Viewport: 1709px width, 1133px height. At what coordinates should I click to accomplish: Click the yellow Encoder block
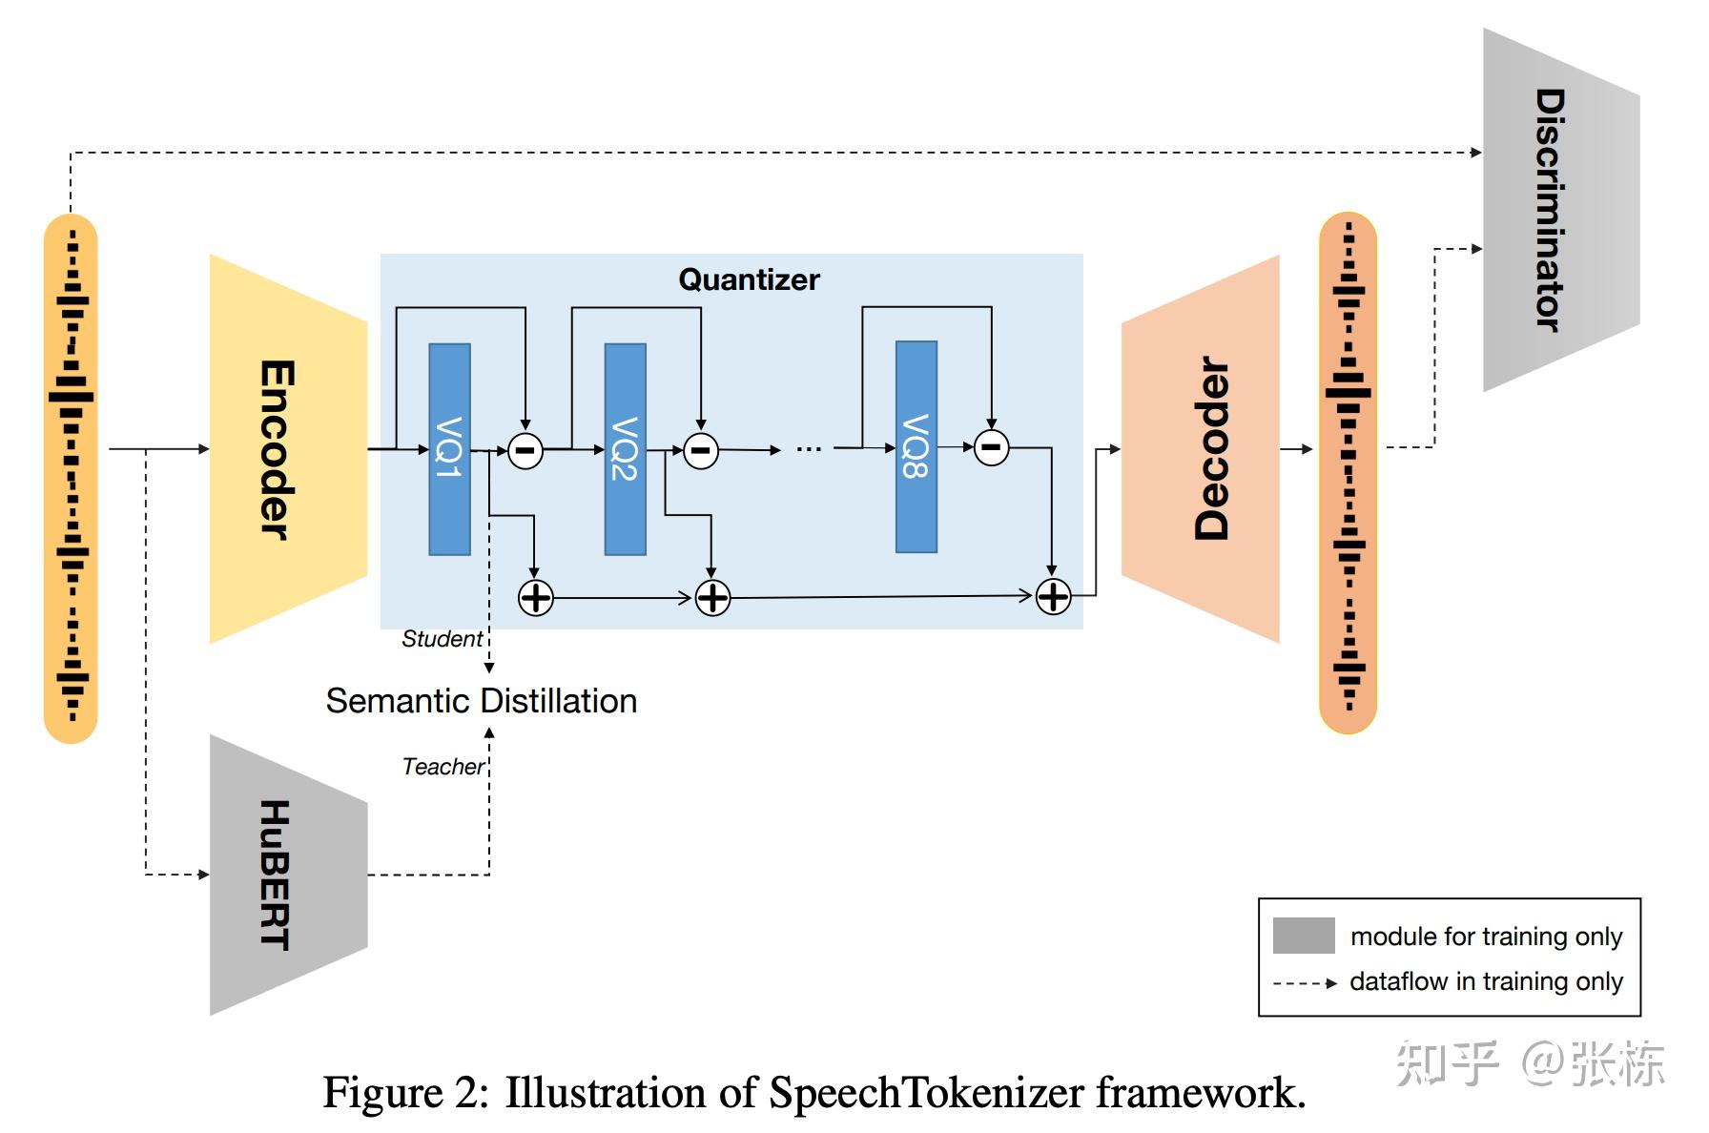click(x=286, y=448)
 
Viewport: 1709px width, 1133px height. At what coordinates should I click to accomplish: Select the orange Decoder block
click(x=1204, y=448)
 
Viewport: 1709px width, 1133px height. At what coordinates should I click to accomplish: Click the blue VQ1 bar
click(x=449, y=448)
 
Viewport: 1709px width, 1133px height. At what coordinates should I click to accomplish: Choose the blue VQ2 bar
click(x=625, y=448)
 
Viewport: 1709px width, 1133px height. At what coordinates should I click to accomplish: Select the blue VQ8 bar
click(x=916, y=446)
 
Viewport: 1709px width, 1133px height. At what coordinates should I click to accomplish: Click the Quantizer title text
click(x=749, y=279)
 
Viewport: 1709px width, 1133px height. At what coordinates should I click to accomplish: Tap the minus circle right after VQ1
click(x=525, y=450)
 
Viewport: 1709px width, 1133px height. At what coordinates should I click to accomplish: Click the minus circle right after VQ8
click(x=991, y=446)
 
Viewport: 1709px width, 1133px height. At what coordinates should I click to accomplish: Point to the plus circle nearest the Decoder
click(x=1053, y=597)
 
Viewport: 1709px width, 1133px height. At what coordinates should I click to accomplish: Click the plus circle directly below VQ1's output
click(x=535, y=598)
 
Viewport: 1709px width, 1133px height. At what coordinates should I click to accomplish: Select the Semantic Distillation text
click(x=481, y=701)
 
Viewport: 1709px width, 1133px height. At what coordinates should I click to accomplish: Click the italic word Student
click(x=442, y=639)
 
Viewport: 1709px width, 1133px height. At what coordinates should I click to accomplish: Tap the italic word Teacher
click(x=443, y=767)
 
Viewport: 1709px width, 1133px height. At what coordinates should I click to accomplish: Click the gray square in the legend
click(x=1303, y=936)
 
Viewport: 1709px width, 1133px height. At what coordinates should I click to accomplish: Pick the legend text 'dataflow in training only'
click(x=1486, y=981)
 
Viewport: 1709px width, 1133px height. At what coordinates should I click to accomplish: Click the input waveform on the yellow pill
click(x=71, y=477)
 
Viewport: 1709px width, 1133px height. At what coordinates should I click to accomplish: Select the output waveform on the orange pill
click(x=1348, y=472)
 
